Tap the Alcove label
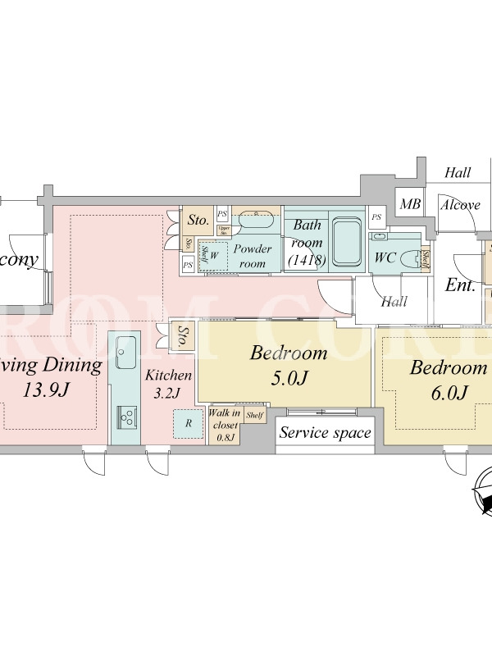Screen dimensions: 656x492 tap(460, 204)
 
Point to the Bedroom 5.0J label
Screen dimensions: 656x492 tap(289, 365)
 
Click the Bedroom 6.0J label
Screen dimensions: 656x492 tap(449, 380)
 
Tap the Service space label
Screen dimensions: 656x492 tap(326, 433)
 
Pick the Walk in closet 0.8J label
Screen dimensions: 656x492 tap(225, 425)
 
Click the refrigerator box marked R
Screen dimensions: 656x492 tap(189, 423)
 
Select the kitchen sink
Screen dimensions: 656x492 tap(126, 353)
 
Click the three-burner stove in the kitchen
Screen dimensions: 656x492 tap(128, 417)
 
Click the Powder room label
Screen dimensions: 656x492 tap(253, 256)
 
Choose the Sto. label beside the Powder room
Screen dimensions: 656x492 tap(198, 220)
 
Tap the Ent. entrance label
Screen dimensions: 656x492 tap(461, 285)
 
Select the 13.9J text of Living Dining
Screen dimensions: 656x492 tap(48, 389)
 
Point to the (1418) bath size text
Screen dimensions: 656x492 tap(307, 260)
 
